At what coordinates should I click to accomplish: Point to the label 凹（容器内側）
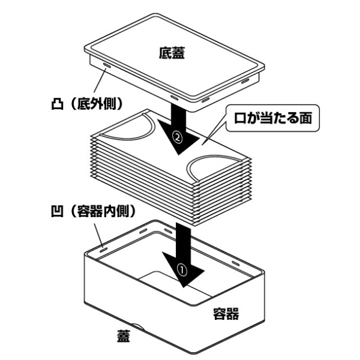pos(91,211)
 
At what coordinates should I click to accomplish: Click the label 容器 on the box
pos(227,313)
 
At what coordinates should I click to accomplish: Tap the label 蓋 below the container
pos(122,337)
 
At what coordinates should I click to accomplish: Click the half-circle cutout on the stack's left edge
pos(137,127)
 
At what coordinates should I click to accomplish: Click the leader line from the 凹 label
pos(97,231)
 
